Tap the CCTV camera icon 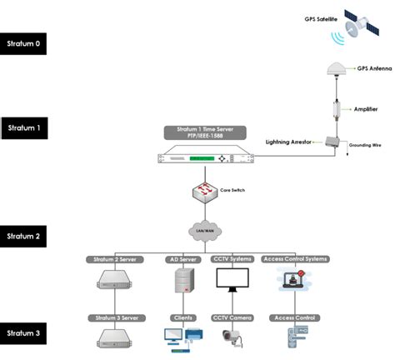[x=232, y=337]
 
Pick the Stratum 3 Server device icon [x=115, y=337]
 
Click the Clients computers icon [x=182, y=337]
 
